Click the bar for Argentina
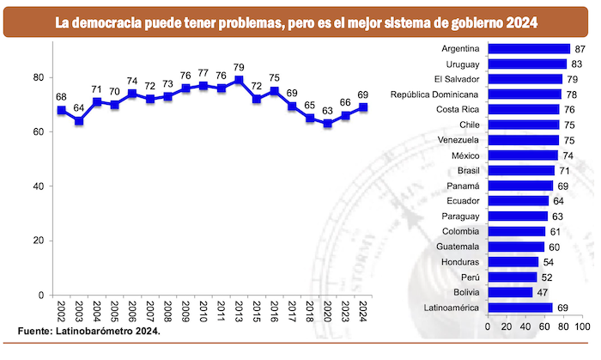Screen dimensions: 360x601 tap(528, 49)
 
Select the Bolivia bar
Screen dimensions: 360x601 tap(510, 292)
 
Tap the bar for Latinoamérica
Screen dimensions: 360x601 tap(520, 308)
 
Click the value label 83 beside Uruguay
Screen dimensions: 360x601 tap(577, 64)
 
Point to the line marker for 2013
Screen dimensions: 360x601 tap(239, 80)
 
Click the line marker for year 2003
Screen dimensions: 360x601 tap(79, 121)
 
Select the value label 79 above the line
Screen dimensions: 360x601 tap(239, 67)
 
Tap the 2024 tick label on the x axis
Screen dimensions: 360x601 tap(364, 311)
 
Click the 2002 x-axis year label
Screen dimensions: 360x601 tap(62, 311)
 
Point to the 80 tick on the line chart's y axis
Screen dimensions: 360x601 tap(38, 77)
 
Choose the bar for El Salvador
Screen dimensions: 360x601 tap(525, 79)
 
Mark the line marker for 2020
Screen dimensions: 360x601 tap(326, 124)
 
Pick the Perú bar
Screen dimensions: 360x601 tap(512, 277)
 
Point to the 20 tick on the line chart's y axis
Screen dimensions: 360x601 tap(38, 241)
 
